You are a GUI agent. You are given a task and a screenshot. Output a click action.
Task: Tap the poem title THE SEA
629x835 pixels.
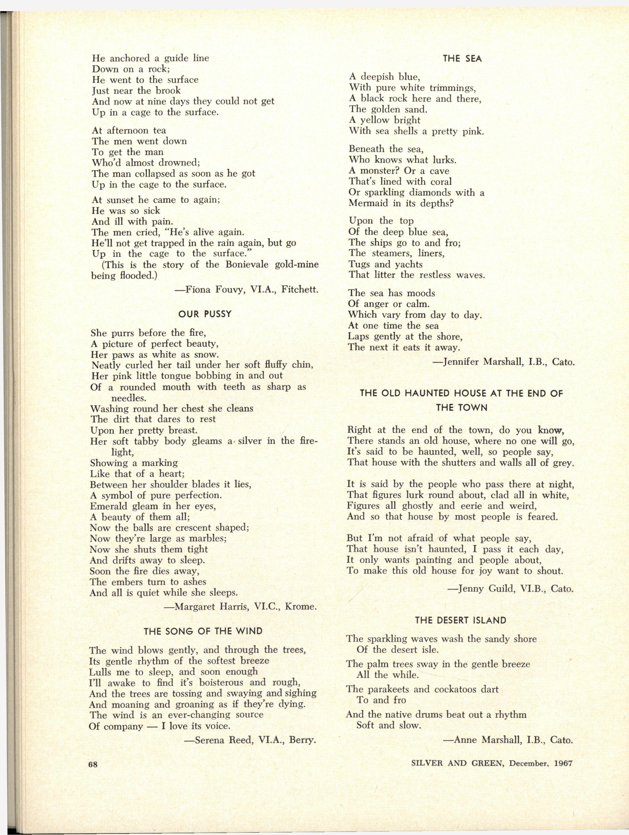pyautogui.click(x=462, y=59)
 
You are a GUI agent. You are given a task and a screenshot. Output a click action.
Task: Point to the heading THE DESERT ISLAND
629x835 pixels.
pyautogui.click(x=461, y=620)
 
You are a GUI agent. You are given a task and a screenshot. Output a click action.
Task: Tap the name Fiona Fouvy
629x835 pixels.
pyautogui.click(x=212, y=290)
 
